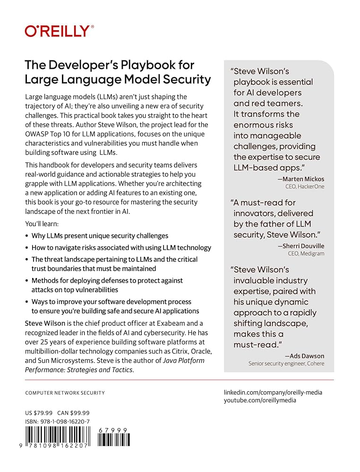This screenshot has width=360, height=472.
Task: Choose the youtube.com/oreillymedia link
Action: point(260,400)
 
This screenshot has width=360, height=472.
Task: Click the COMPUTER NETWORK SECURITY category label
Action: point(65,393)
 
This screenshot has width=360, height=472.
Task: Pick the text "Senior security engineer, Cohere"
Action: point(286,363)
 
